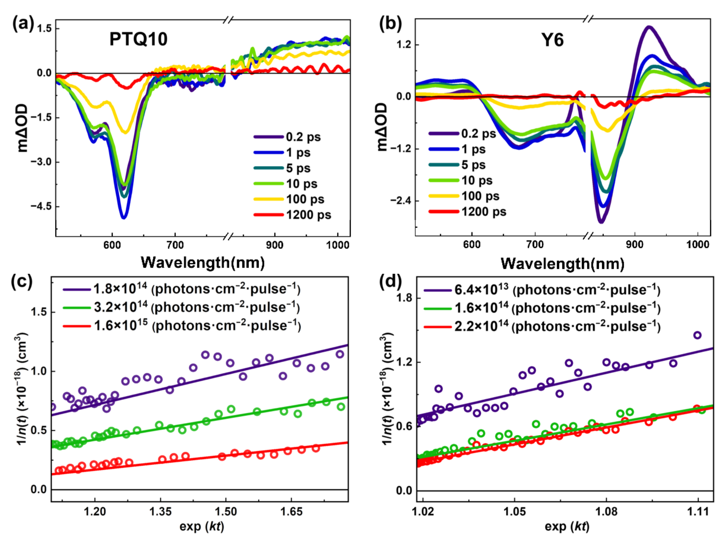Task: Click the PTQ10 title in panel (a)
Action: point(138,39)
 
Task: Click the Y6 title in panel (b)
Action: point(552,40)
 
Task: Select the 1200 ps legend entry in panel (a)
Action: point(308,215)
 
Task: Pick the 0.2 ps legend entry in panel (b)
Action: point(478,134)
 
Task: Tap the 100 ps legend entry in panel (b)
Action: point(480,196)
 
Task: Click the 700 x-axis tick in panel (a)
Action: point(175,245)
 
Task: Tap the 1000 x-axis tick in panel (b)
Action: point(697,244)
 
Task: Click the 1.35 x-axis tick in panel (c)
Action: point(160,512)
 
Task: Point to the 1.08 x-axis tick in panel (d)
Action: point(606,512)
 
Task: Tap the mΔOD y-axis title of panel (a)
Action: point(22,128)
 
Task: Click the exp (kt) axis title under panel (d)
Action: point(567,526)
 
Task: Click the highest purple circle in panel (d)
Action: point(697,335)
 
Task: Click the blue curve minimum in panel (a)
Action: point(124,217)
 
